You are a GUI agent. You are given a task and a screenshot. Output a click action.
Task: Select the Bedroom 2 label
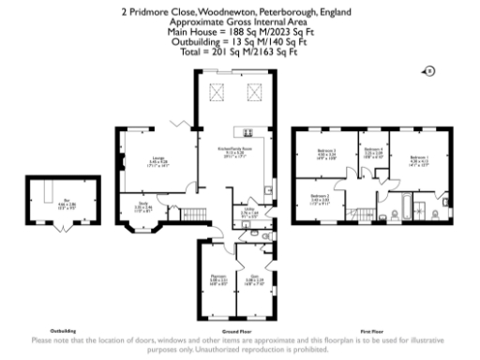322,197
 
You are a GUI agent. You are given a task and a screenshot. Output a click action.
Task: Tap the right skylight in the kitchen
251,92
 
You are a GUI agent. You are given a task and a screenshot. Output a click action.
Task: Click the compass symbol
429,69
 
